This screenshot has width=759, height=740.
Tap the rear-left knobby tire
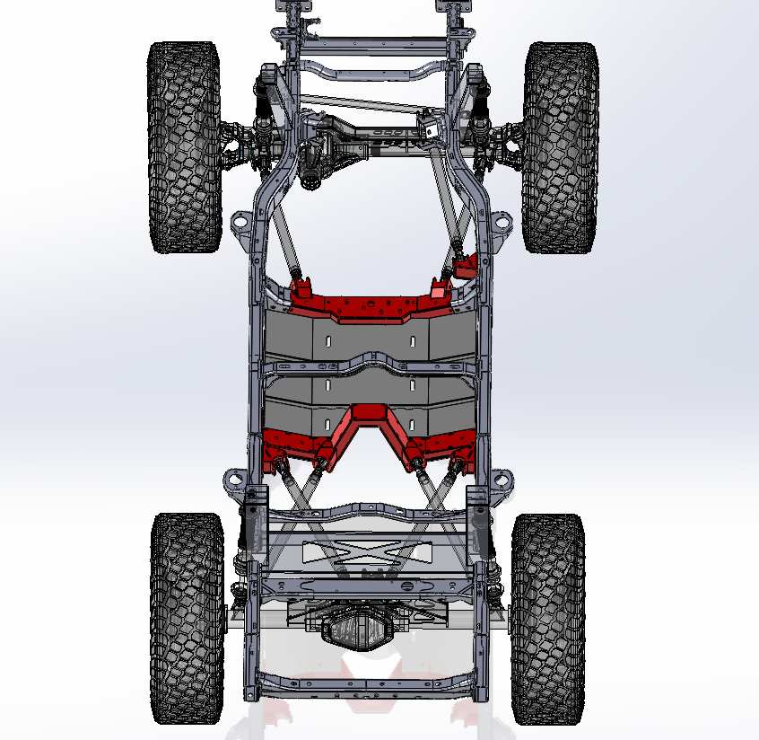[187, 618]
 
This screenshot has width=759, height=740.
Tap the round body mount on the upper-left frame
[240, 221]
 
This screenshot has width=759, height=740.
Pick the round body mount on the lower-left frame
[235, 479]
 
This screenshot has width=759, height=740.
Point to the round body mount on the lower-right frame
[503, 479]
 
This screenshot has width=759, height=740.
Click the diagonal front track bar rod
[359, 102]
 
